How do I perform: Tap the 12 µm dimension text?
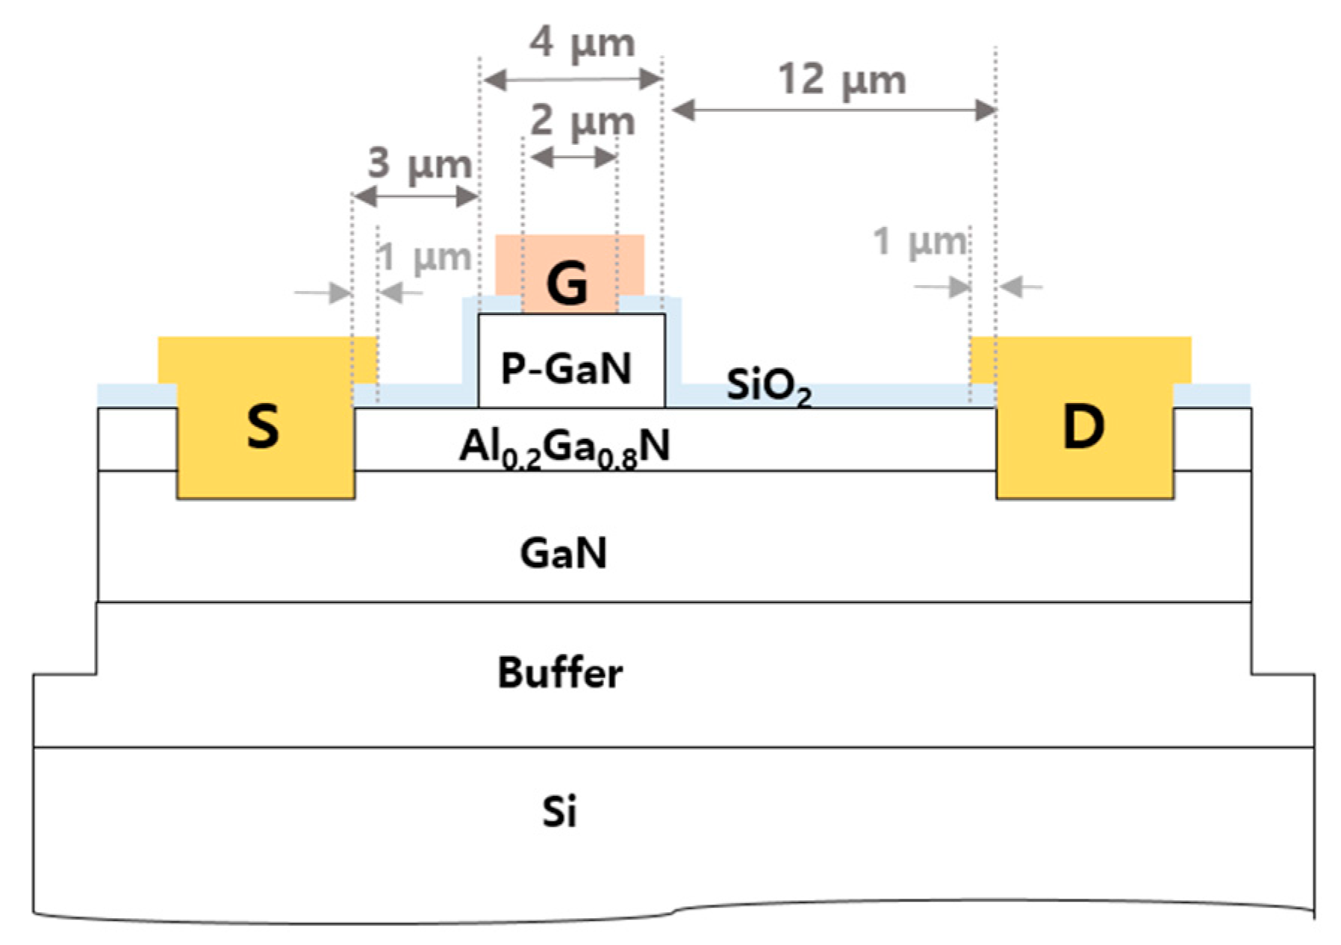point(841,78)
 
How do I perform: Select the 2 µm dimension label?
point(582,121)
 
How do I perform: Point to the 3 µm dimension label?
point(419,162)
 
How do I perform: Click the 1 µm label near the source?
point(424,258)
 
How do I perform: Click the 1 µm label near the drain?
point(920,242)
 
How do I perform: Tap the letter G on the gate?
point(567,284)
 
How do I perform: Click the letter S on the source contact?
point(263,427)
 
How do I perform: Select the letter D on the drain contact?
point(1083,427)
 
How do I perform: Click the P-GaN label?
point(566,368)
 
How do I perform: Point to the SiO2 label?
point(768,387)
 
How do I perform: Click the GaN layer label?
point(563,554)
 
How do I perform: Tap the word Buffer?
point(560,673)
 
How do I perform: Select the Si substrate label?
point(559,811)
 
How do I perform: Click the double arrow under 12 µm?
point(834,111)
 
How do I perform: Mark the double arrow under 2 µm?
point(573,157)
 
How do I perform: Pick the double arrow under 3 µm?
point(415,197)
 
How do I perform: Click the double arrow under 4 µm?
point(573,78)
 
